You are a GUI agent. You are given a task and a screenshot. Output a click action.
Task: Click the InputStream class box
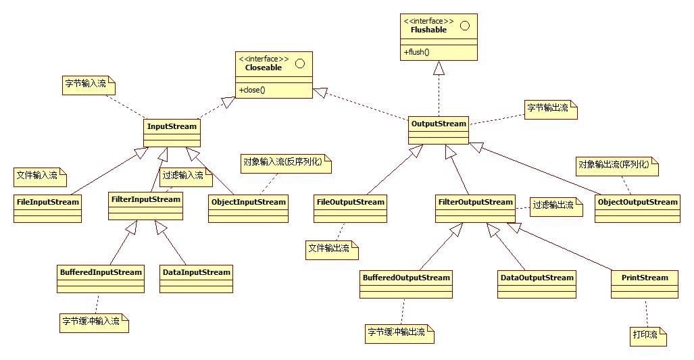coord(172,132)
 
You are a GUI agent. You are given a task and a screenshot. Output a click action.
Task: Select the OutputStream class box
coord(439,130)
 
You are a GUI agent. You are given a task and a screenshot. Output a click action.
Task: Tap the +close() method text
coord(252,90)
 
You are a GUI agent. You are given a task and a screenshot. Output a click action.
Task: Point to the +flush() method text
coord(417,52)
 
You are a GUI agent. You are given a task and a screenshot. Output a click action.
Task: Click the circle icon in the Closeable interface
coord(301,63)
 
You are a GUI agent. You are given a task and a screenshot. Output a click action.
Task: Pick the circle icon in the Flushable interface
coord(464,26)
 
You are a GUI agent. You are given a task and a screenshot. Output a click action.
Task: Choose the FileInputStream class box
coord(47,208)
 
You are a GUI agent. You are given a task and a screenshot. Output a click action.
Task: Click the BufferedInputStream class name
coord(100,272)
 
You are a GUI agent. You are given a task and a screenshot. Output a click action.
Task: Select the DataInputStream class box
coord(196,278)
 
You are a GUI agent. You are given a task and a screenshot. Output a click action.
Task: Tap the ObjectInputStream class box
coord(248,208)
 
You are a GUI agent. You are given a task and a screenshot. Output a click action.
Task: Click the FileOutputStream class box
coord(350,208)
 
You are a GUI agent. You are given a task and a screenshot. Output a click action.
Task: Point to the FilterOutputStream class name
coord(476,201)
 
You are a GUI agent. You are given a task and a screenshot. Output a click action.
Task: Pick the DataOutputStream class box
coord(537,284)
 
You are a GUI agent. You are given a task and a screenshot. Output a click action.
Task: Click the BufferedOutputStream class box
coord(406,284)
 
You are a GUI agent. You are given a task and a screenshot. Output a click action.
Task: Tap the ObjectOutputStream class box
coord(637,208)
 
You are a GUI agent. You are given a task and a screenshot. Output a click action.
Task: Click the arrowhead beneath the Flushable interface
coord(439,68)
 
